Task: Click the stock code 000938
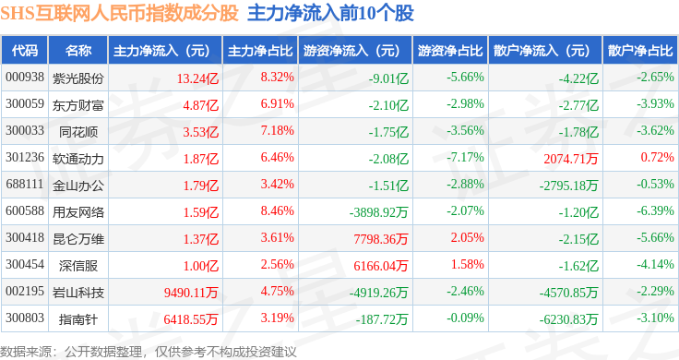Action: pos(25,78)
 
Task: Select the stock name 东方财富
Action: pos(77,105)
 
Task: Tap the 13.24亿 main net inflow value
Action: pos(197,78)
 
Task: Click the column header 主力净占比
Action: pos(260,51)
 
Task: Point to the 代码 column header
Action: pos(25,51)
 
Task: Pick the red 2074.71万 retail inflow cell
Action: pos(571,159)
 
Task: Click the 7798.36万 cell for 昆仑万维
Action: pos(381,239)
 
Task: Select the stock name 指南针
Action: pos(77,318)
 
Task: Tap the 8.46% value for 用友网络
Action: pos(277,211)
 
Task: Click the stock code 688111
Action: pos(25,184)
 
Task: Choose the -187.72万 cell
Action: pos(382,319)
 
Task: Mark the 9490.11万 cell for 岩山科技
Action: pos(191,293)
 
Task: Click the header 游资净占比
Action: pos(450,51)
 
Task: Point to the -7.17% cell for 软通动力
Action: pos(465,157)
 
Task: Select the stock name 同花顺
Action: pos(77,132)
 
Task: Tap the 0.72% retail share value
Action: pos(657,157)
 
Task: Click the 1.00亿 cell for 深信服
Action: pos(201,266)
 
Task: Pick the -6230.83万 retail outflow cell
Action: pos(568,319)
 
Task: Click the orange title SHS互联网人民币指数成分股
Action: pos(120,13)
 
